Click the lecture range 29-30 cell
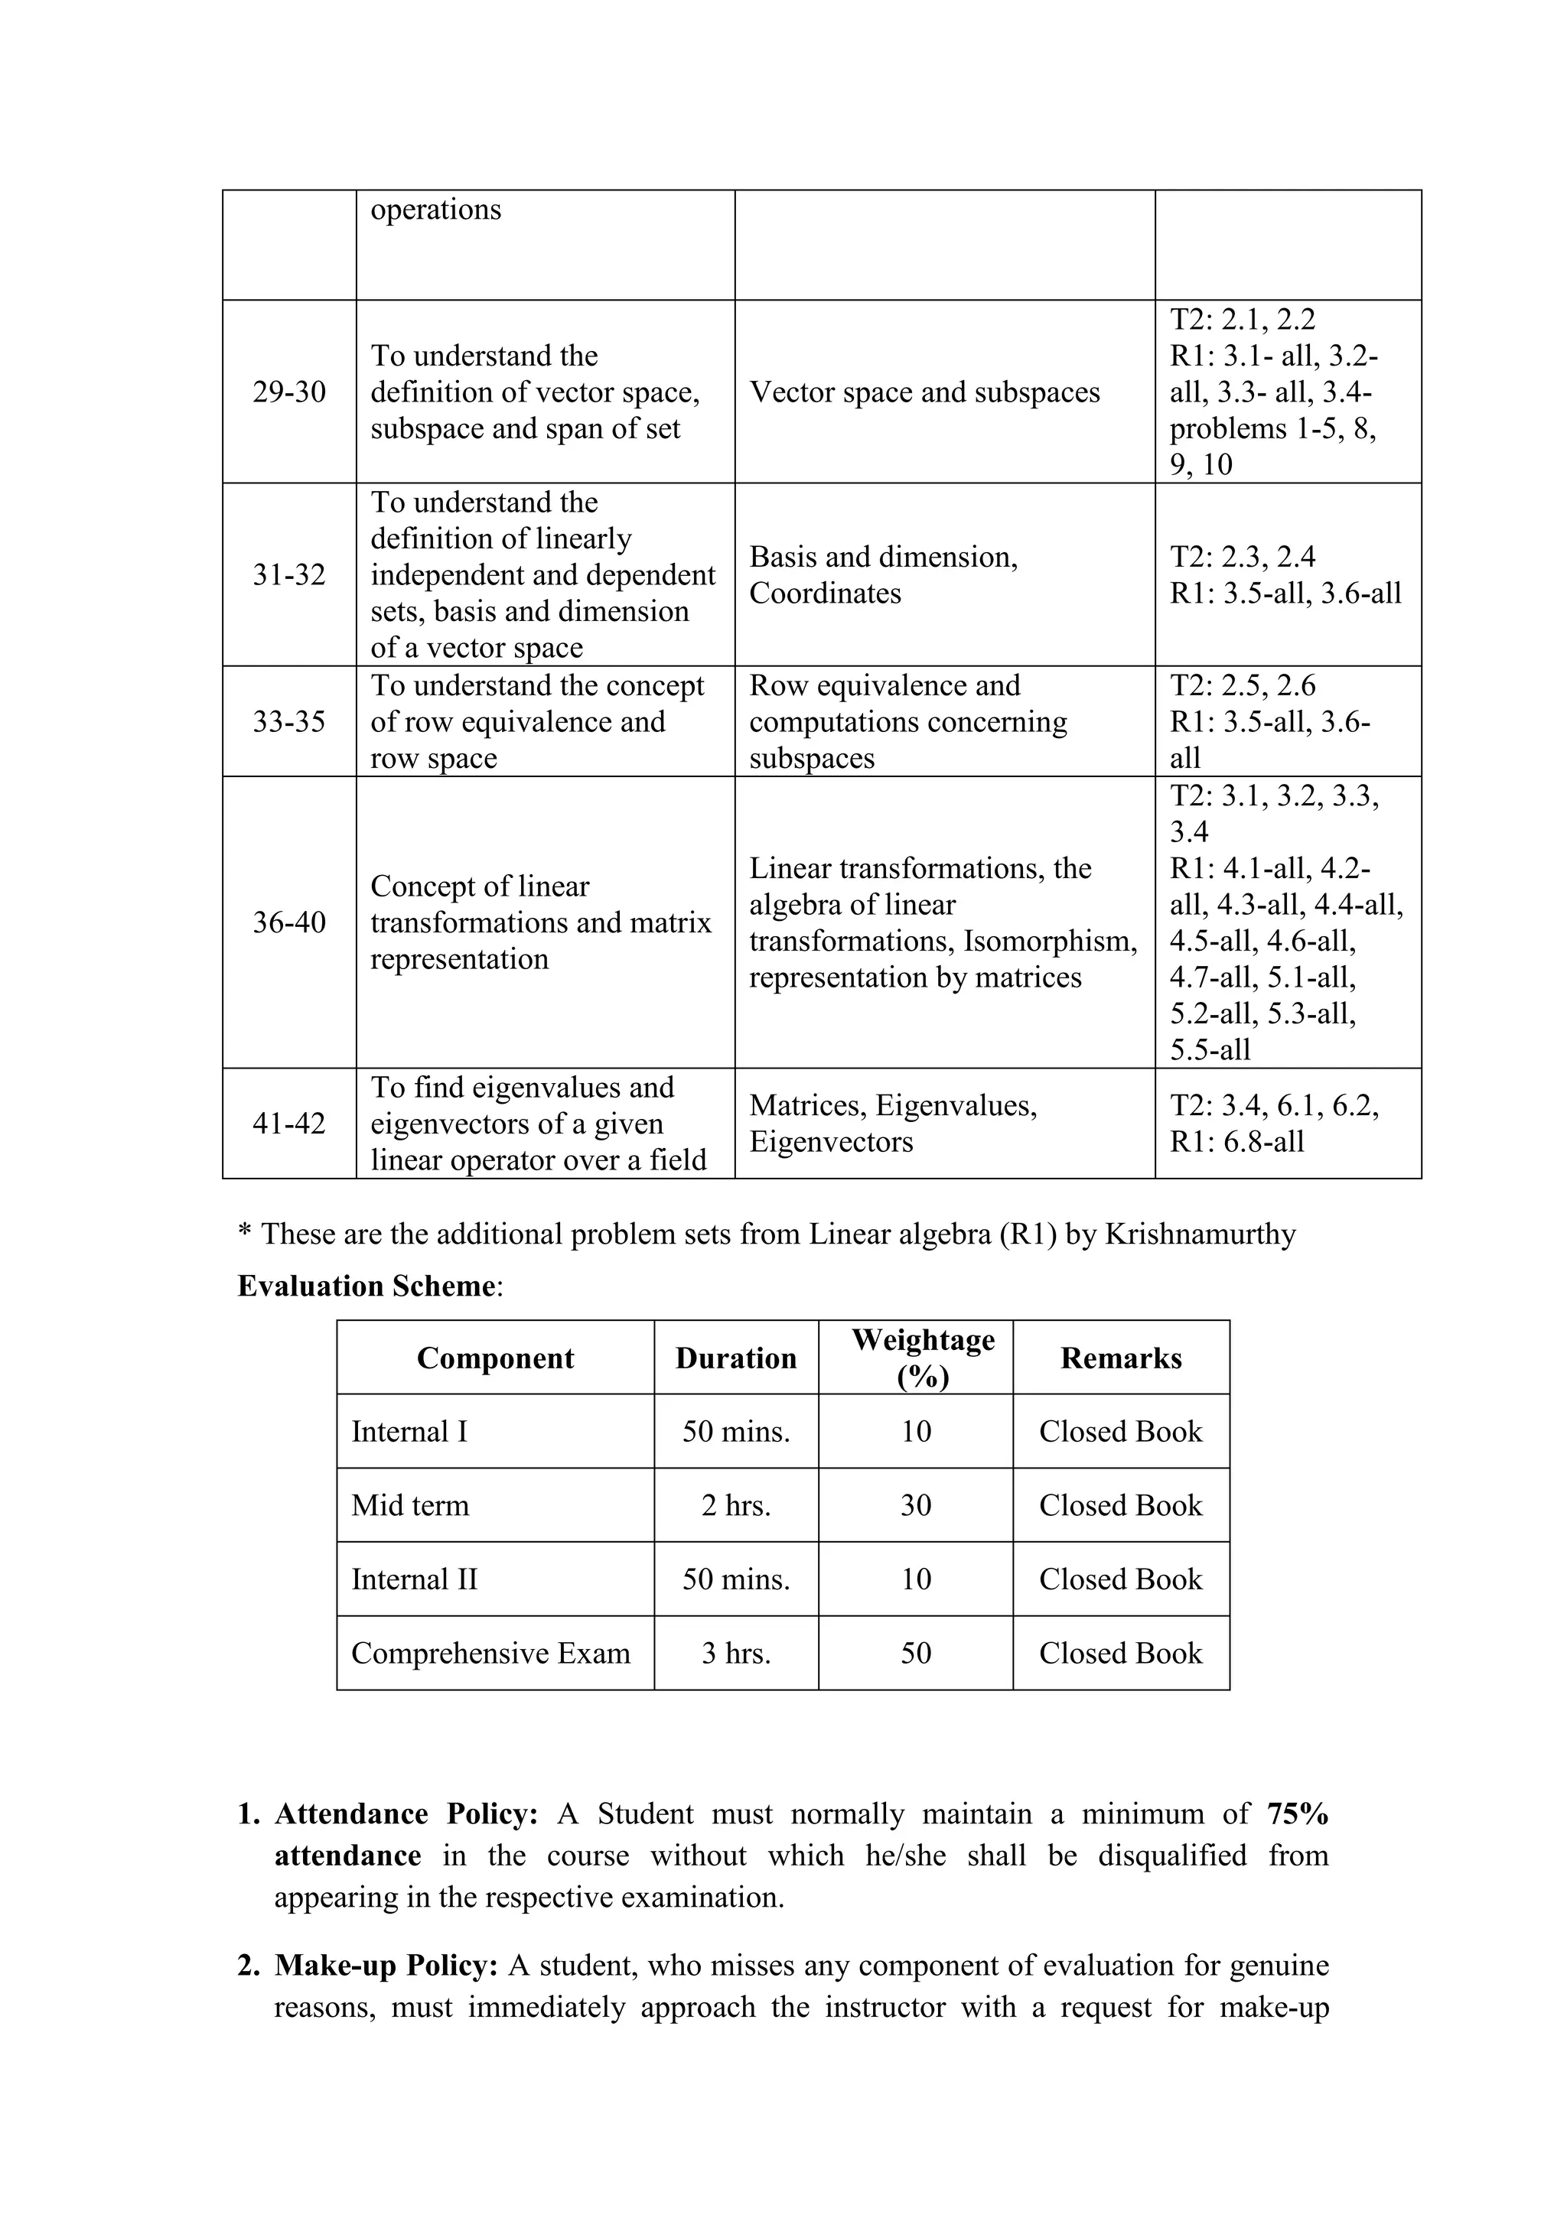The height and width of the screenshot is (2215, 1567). [288, 392]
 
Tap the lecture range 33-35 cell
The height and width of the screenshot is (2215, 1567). [288, 721]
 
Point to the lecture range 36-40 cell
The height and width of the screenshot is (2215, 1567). [288, 922]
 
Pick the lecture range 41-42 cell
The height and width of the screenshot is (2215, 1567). [288, 1123]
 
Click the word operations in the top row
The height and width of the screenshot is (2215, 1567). [435, 210]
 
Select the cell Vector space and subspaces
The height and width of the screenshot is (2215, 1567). [924, 392]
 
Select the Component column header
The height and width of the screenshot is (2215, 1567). [495, 1358]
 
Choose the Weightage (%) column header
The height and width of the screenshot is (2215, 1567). [924, 1358]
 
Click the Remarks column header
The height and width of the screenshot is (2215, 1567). [1120, 1358]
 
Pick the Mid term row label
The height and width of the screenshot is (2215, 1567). [410, 1505]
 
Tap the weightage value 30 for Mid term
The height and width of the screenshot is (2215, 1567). [916, 1505]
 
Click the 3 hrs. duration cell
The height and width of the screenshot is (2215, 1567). [736, 1653]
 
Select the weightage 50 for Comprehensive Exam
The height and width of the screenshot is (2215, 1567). [916, 1653]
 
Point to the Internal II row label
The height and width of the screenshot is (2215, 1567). [414, 1579]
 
